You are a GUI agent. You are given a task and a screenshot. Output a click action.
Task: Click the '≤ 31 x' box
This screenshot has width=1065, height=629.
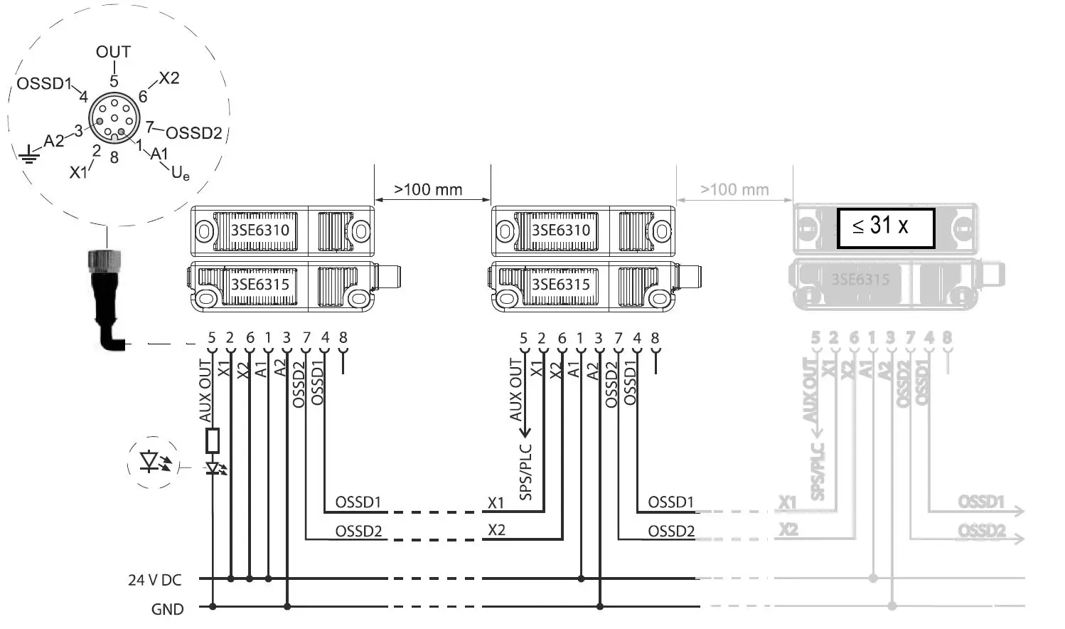[x=885, y=228]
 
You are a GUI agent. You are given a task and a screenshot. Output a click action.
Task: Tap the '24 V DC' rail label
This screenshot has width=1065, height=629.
[x=154, y=580]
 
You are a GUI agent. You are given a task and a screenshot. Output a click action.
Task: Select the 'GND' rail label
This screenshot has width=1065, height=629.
[x=167, y=609]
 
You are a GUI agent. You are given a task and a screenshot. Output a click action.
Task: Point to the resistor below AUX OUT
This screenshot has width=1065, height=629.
[x=212, y=440]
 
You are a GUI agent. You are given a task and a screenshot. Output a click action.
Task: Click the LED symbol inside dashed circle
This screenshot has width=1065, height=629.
[x=154, y=462]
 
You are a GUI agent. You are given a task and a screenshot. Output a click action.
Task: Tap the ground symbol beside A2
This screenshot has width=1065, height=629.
[x=28, y=154]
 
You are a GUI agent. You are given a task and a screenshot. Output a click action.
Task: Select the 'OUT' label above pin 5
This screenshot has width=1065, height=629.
[x=114, y=52]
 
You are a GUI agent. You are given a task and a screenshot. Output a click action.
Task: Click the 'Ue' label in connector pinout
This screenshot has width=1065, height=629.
[x=181, y=172]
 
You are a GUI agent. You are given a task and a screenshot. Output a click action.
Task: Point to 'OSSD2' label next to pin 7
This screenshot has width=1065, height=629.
[x=193, y=133]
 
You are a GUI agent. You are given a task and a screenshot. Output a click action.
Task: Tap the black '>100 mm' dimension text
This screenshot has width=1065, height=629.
[x=428, y=190]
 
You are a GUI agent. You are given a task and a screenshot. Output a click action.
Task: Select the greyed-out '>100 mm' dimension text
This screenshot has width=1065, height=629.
[x=734, y=190]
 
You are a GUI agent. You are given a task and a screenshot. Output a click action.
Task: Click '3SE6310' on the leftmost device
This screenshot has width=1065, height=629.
[x=259, y=231]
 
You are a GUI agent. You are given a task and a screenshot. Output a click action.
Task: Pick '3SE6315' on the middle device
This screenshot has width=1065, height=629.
[x=561, y=285]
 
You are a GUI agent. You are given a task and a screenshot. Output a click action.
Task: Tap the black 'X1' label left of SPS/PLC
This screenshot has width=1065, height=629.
[x=496, y=503]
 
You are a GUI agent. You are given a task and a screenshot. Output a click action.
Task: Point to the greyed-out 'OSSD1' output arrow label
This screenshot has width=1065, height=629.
[x=981, y=502]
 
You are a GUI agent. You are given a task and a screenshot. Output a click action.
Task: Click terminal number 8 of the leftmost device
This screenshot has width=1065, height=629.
[x=343, y=338]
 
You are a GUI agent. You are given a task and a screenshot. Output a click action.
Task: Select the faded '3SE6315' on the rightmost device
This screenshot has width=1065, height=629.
[x=860, y=280]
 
